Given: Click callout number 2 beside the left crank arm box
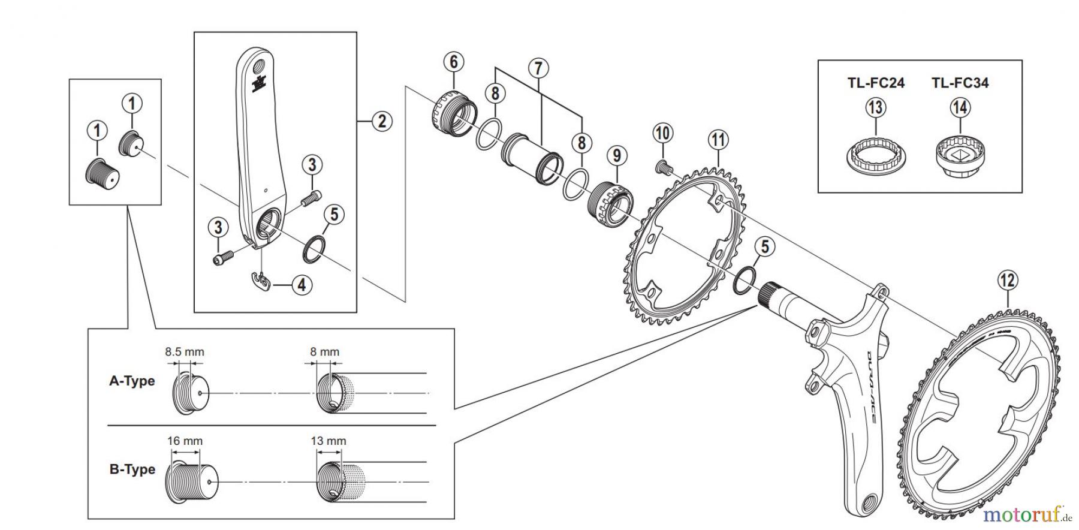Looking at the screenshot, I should pos(381,121).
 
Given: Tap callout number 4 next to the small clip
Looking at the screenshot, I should pos(302,285).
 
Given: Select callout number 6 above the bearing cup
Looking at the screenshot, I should pos(453,62).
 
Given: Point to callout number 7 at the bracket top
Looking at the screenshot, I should pos(538,68).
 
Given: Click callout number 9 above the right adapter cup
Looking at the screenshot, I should pos(616,156).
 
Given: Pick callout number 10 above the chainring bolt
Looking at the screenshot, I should pos(662,133).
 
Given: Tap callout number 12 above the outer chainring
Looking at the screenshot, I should pos(1008,280).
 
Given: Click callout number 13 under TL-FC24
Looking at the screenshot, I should pos(875,108).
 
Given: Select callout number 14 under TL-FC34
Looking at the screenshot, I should pos(960,108).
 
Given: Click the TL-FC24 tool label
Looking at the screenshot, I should pos(875,83).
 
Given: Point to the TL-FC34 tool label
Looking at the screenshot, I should pos(960,83).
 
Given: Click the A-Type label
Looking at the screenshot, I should pos(132,381).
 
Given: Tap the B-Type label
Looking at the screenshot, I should pos(132,469).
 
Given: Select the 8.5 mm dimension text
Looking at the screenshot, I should pos(184,352).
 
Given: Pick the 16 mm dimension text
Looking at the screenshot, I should pos(185,441).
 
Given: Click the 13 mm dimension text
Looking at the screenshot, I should pos(328,441).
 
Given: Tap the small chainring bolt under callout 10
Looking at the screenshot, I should pos(662,166).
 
